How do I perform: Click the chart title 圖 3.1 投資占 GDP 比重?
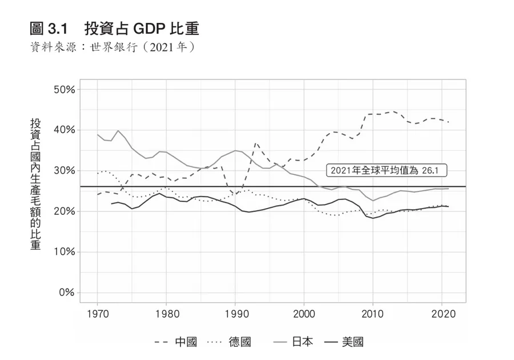(114, 28)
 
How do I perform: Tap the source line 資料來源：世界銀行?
(112, 46)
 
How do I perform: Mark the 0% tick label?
(66, 293)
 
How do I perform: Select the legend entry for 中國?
(176, 342)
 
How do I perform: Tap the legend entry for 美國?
(342, 342)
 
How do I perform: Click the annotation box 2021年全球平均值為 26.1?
(386, 170)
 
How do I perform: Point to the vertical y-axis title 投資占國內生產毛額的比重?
(35, 184)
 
